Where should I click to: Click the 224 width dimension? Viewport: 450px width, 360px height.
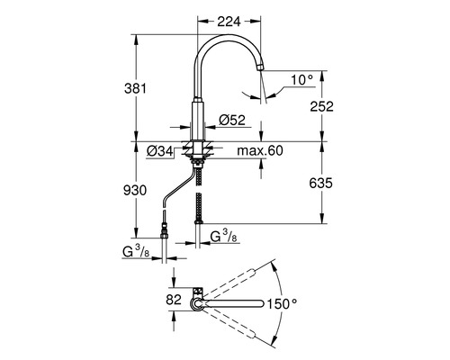point(229,22)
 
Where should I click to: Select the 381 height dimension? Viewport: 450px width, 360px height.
point(136,88)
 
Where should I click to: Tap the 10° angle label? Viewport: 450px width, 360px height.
point(301,80)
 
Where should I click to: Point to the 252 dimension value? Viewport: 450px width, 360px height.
point(321,106)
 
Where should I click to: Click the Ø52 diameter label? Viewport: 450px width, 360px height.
point(232,120)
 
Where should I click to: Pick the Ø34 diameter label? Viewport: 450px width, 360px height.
point(160,151)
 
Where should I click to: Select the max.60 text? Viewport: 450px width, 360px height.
point(260,150)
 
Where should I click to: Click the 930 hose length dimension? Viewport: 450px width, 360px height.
point(135,190)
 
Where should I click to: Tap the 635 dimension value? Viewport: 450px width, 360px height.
point(321,183)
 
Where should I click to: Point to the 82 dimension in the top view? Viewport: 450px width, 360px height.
point(174,300)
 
